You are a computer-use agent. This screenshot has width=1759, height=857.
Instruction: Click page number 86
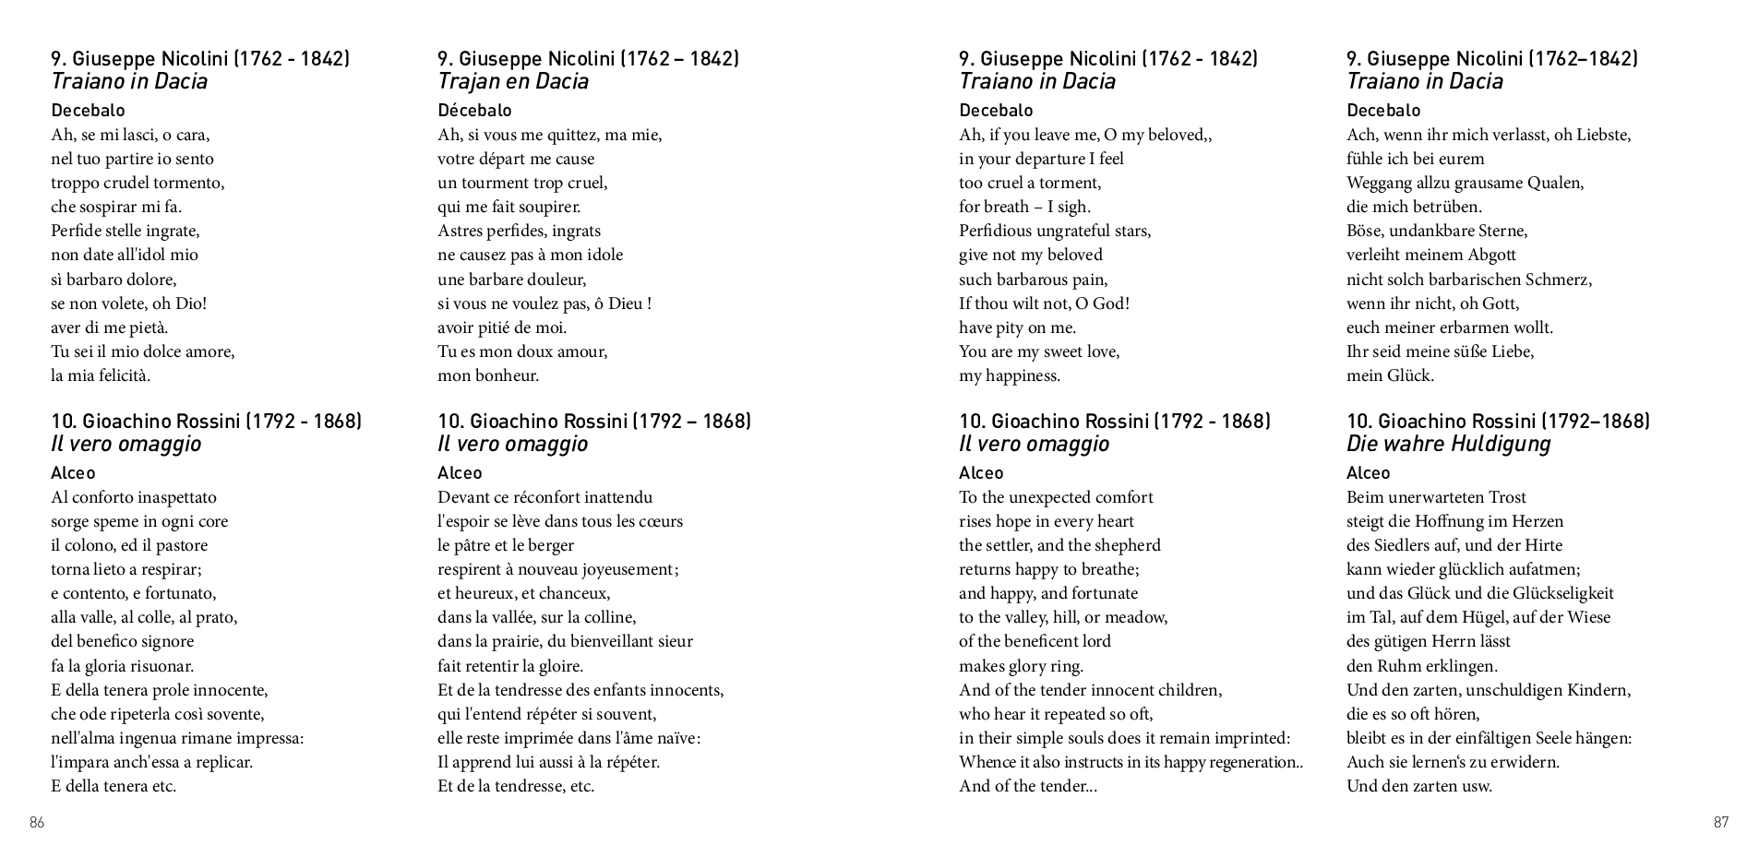37,823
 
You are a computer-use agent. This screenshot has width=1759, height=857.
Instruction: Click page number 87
1721,823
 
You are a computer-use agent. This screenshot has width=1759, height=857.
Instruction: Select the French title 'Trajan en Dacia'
512,81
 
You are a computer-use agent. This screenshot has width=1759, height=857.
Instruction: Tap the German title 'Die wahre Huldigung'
1448,444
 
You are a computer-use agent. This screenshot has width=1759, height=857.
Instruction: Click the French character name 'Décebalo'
474,111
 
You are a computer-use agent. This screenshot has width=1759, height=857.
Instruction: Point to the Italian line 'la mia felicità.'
101,375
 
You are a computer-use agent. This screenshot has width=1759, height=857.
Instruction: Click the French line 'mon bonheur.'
488,375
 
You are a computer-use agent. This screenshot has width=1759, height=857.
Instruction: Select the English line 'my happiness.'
1010,375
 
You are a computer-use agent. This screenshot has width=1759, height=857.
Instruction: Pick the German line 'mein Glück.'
1390,375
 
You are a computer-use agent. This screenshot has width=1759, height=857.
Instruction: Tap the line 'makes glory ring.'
1021,666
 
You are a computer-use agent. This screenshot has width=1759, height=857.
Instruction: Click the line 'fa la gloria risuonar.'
123,666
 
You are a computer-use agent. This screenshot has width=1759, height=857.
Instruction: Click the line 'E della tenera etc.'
114,786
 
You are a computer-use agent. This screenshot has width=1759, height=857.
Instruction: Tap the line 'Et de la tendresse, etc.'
516,786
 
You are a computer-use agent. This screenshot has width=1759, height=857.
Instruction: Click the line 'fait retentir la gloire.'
510,666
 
